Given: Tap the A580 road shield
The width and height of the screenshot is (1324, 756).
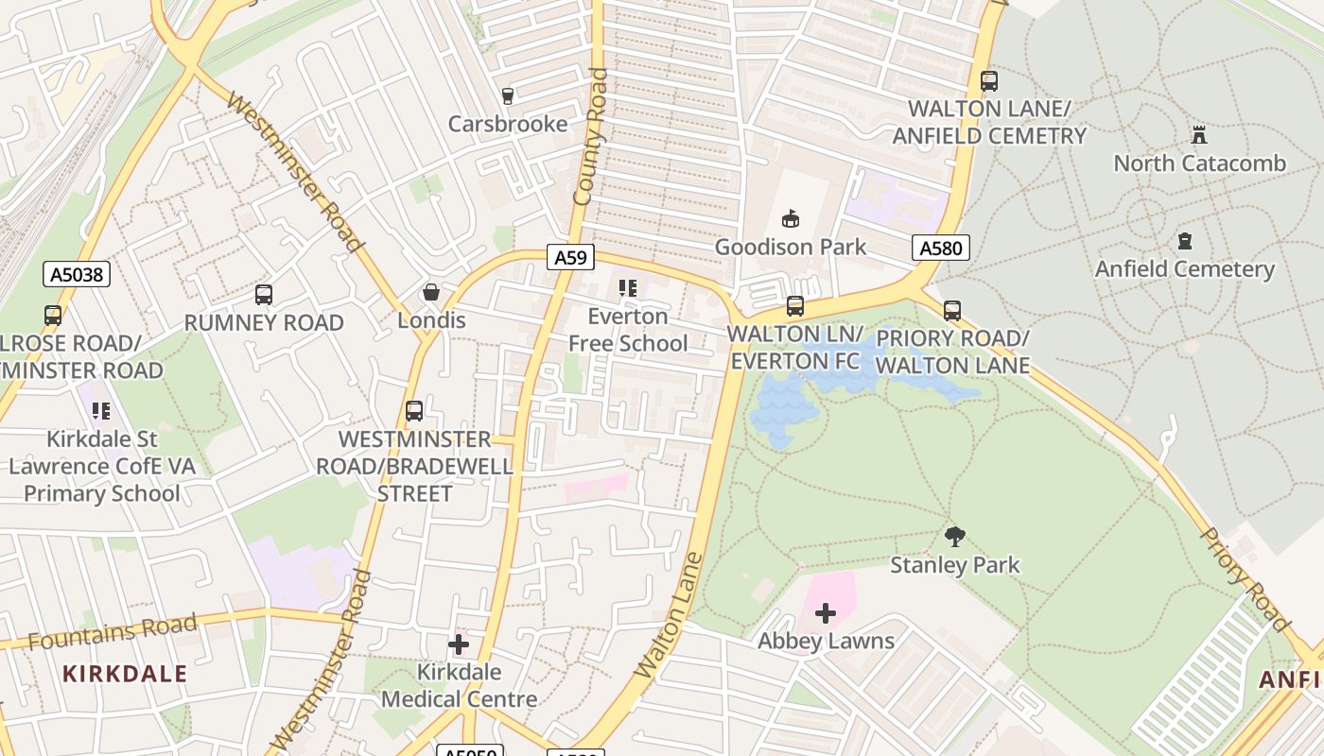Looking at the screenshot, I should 941,249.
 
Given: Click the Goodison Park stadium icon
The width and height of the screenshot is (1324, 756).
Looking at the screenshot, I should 791,219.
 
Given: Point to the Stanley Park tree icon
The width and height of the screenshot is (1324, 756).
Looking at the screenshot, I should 955,537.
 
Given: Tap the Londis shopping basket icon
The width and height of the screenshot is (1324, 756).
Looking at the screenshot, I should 431,292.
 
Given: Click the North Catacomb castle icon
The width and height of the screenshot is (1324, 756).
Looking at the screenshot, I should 1199,135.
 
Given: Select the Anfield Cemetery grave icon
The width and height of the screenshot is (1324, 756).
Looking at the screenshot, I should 1184,241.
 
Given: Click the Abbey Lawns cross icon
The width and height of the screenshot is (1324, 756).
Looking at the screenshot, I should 826,613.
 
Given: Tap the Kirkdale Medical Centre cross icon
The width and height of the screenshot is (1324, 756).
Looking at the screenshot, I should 459,644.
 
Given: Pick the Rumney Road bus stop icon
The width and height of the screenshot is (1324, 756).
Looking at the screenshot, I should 264,295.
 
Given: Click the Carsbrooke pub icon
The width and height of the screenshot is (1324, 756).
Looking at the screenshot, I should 507,95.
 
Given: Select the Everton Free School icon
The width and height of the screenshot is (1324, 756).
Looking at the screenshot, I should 628,288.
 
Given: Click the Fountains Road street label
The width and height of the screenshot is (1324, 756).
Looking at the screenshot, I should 113,631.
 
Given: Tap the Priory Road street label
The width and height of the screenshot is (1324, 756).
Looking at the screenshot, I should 1246,578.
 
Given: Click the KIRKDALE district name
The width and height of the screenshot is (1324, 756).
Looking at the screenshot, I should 125,674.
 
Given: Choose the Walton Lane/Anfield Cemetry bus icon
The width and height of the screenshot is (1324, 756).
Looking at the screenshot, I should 989,81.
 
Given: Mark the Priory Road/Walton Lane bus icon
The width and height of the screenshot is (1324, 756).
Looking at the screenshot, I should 952,310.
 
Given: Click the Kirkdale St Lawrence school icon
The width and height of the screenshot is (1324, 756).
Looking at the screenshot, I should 101,411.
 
